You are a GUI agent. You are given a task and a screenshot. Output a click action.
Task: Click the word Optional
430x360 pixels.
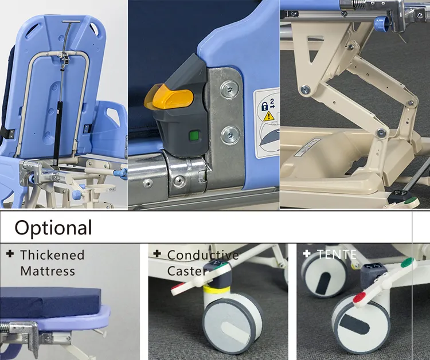[x=53, y=228]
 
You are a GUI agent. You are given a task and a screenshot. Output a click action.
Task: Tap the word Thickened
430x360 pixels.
[x=52, y=255]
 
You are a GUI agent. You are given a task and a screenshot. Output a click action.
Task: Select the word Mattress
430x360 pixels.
[x=48, y=271]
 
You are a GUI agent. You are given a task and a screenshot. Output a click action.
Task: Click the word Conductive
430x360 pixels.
[x=203, y=255]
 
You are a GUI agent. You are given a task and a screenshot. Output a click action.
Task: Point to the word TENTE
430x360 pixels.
[x=337, y=255]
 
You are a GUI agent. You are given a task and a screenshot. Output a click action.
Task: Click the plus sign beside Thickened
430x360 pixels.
[x=10, y=253]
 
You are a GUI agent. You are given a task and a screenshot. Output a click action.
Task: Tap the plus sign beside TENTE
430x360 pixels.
[x=307, y=253]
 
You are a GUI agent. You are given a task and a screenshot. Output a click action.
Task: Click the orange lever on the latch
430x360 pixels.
[x=170, y=97]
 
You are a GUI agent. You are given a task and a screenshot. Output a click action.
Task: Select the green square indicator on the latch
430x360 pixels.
[x=194, y=136]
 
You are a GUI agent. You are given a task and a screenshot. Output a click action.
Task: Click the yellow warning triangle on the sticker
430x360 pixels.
[x=269, y=116]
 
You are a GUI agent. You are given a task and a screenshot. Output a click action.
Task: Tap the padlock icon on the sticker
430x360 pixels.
[x=265, y=107]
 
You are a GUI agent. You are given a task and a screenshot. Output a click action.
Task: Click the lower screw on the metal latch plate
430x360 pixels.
[x=230, y=134]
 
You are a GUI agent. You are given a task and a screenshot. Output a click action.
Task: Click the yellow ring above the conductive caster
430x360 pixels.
[x=216, y=289]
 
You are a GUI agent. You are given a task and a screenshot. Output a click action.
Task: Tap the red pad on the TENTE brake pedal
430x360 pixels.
[x=359, y=298]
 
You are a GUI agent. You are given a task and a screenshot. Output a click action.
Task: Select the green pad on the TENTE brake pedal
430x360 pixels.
[x=408, y=262]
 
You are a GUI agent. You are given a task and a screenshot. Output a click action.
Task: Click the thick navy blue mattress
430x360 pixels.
[x=50, y=302]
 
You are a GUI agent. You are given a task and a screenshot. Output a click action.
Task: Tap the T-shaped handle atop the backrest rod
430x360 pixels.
[x=71, y=21]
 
